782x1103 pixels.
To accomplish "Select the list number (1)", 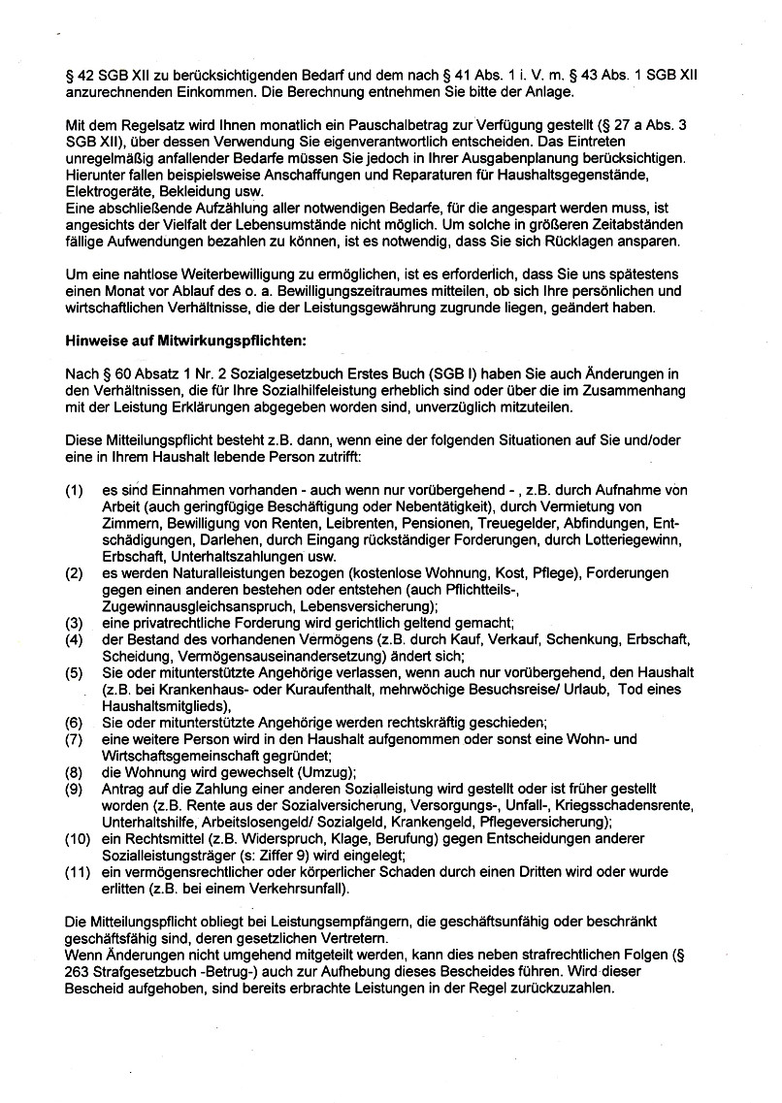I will (x=74, y=492).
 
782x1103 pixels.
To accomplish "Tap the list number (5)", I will (x=74, y=672).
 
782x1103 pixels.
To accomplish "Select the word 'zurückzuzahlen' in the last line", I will (x=561, y=990).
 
